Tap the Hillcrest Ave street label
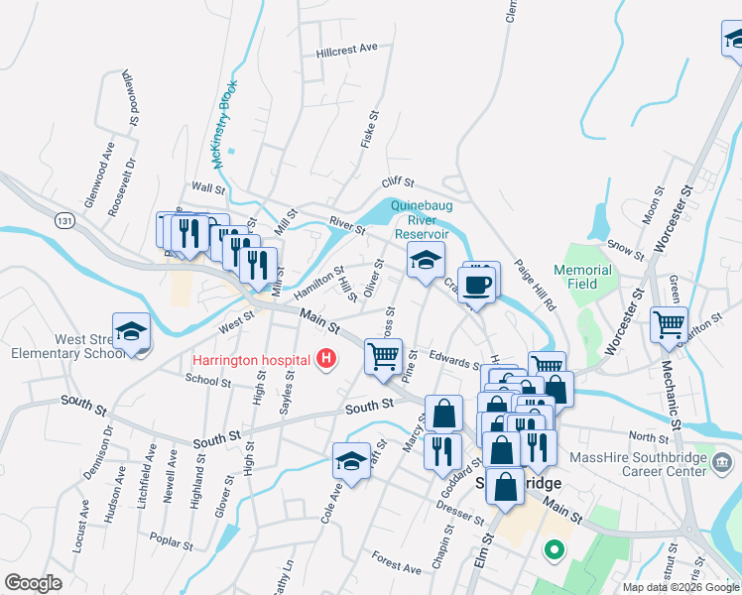click(347, 49)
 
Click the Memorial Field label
click(582, 277)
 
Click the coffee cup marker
click(479, 283)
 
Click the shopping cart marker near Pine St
click(384, 355)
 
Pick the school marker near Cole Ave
click(351, 461)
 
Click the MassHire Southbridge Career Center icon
click(721, 462)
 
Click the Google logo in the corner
click(34, 583)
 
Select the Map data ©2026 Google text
click(680, 587)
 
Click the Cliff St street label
click(397, 184)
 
